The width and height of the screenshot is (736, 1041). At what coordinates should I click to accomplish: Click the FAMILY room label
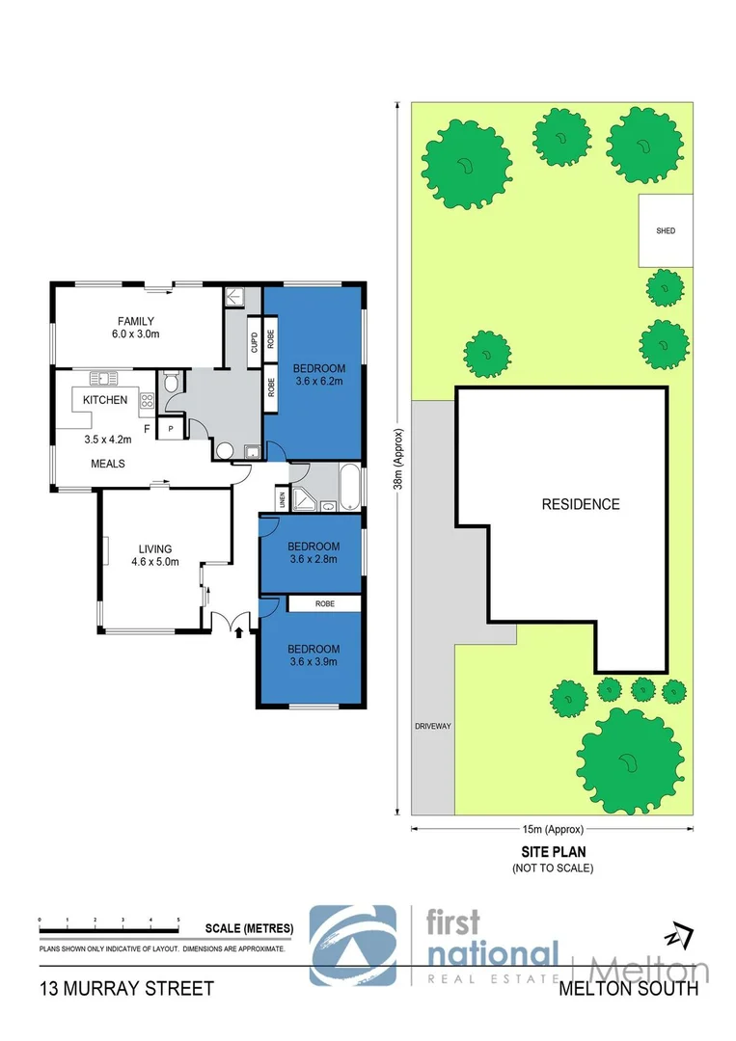(136, 321)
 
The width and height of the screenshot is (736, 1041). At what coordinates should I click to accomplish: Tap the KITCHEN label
(105, 400)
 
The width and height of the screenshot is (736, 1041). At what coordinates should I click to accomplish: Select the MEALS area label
(108, 464)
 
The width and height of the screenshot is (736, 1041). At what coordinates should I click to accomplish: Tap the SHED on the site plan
(666, 231)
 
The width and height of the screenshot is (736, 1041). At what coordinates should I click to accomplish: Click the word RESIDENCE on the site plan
(580, 504)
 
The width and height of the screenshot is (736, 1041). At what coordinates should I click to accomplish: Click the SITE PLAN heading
(553, 852)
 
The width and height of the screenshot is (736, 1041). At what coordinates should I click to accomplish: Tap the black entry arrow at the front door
(239, 631)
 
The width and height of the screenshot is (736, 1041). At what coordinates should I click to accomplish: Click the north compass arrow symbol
(682, 934)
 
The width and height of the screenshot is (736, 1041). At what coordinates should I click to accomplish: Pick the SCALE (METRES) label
(249, 929)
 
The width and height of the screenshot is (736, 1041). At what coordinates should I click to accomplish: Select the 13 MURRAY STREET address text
(126, 988)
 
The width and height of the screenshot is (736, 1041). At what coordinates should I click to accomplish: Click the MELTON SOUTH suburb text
(629, 988)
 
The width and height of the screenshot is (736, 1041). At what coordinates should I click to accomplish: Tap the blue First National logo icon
(352, 945)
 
